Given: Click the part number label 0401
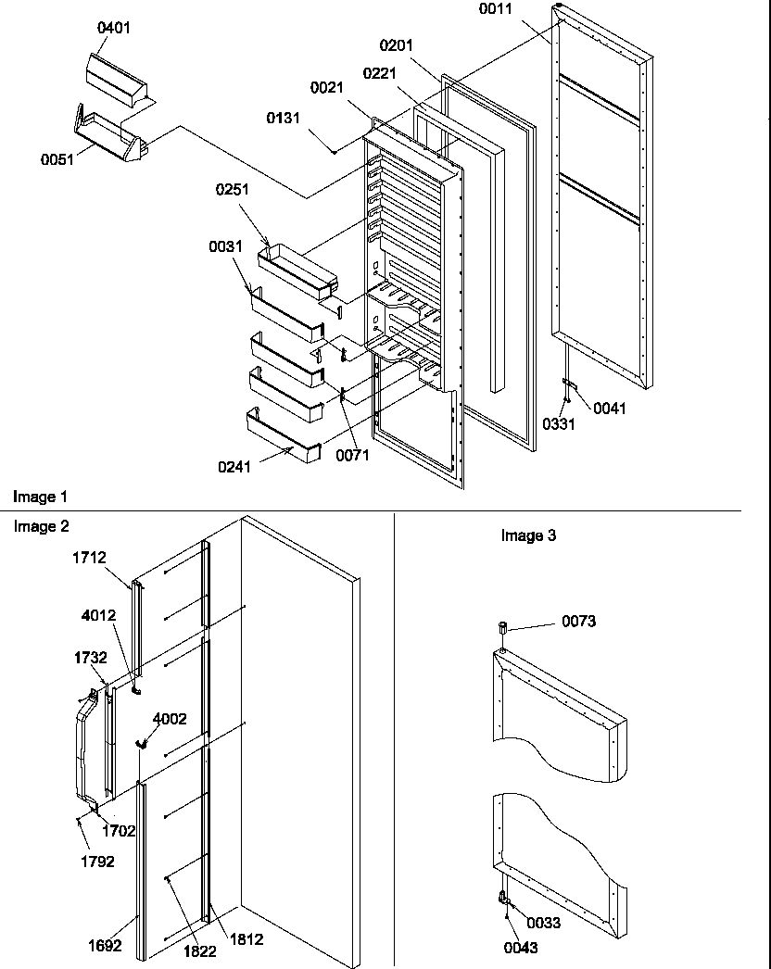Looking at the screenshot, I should pyautogui.click(x=114, y=28).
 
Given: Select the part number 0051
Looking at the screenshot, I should pyautogui.click(x=57, y=159).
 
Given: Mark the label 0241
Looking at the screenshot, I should pyautogui.click(x=235, y=468).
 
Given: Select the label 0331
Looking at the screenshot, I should pyautogui.click(x=560, y=424).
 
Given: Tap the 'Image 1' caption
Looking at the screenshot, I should pyautogui.click(x=40, y=497).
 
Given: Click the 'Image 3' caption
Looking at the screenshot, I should pyautogui.click(x=528, y=535).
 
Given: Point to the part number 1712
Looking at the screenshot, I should pyautogui.click(x=89, y=558).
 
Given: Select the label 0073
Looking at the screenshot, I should pyautogui.click(x=578, y=622).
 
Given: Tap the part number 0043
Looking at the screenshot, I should pyautogui.click(x=521, y=948).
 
